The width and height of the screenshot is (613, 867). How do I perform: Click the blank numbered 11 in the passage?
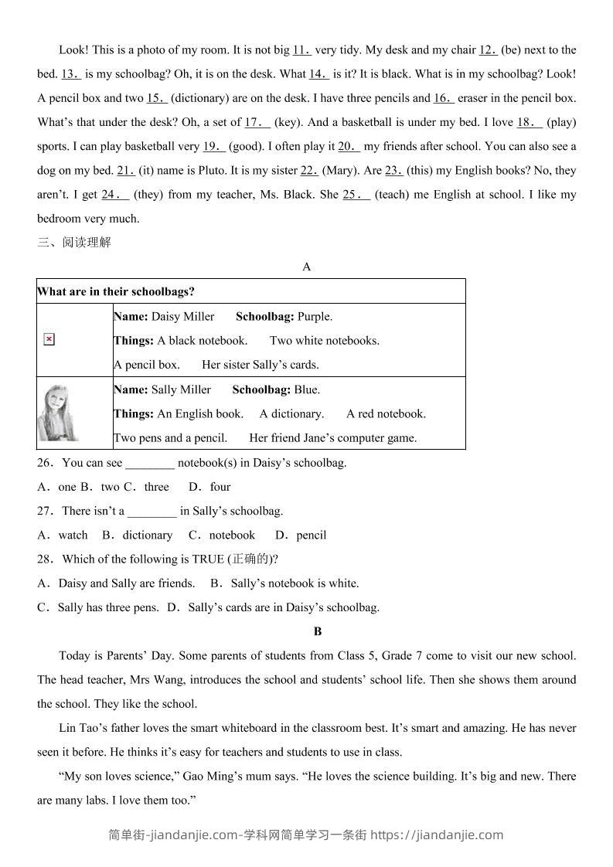point(301,50)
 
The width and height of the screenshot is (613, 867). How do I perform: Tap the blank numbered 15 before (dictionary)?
point(157,98)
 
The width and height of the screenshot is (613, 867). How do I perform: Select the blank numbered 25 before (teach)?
point(356,195)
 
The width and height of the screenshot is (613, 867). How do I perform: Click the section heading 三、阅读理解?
point(74,243)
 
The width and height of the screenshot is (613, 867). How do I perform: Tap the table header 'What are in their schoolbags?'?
point(116,291)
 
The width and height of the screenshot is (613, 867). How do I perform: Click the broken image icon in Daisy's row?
point(49,339)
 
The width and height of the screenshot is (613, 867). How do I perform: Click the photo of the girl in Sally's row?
point(58,413)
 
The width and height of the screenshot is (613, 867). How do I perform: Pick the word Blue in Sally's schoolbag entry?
point(306,389)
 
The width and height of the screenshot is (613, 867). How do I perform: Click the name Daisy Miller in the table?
point(183,316)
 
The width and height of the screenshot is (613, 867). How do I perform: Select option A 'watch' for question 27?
point(73,535)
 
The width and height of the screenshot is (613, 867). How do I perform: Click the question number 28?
point(45,559)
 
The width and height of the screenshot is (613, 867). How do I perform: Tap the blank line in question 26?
point(150,464)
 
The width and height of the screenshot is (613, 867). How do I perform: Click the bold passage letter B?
point(318,631)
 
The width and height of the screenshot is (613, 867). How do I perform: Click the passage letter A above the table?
point(307,267)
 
